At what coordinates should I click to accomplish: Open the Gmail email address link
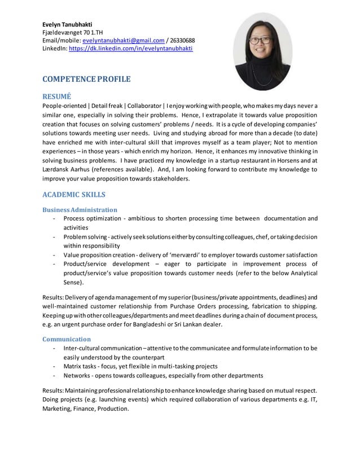click(x=123, y=41)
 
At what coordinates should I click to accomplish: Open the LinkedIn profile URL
click(x=130, y=49)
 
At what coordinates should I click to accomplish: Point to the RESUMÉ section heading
click(x=56, y=96)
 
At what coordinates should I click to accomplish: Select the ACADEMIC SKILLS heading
click(x=74, y=195)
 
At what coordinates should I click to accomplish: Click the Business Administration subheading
click(x=80, y=210)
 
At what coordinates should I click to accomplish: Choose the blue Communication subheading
click(x=67, y=339)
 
